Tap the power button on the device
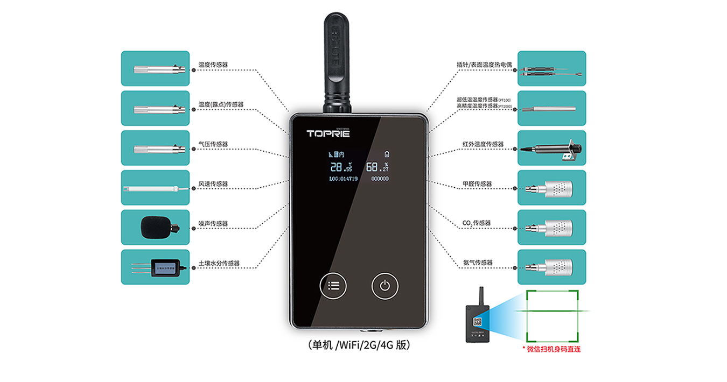click(x=385, y=285)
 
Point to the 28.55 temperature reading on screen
click(x=341, y=167)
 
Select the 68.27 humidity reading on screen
click(x=377, y=167)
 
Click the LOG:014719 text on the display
click(x=343, y=179)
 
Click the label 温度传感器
click(x=213, y=65)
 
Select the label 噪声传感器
click(x=213, y=224)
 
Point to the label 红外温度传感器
click(x=483, y=144)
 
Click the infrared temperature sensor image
click(x=550, y=148)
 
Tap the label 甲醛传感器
click(x=477, y=184)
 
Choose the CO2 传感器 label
click(x=477, y=223)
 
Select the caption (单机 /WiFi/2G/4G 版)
click(x=360, y=345)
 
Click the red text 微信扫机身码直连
click(x=551, y=349)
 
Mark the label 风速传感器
click(x=213, y=184)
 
